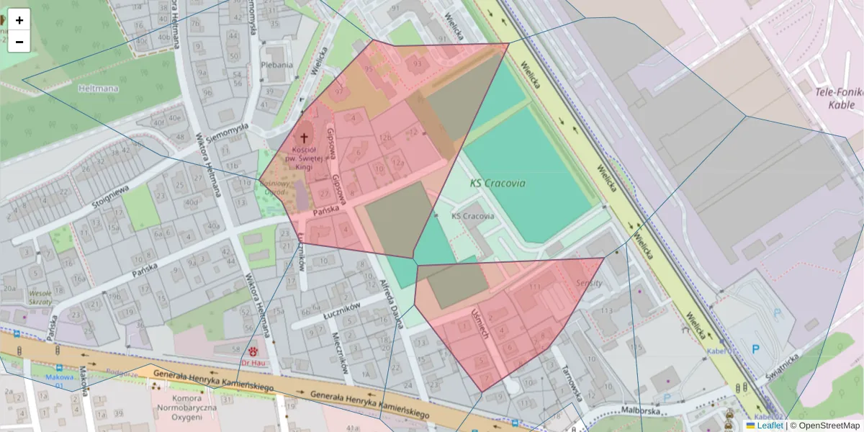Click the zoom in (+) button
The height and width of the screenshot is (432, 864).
tap(19, 20)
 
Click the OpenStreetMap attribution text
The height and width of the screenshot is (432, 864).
tap(824, 426)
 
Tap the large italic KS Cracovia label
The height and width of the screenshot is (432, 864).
tap(498, 183)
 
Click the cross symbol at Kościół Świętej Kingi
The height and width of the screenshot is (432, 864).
tap(304, 137)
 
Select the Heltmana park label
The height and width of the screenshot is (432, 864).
tap(98, 89)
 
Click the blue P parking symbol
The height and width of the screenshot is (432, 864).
tap(755, 349)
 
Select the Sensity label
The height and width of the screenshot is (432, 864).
tap(589, 284)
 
